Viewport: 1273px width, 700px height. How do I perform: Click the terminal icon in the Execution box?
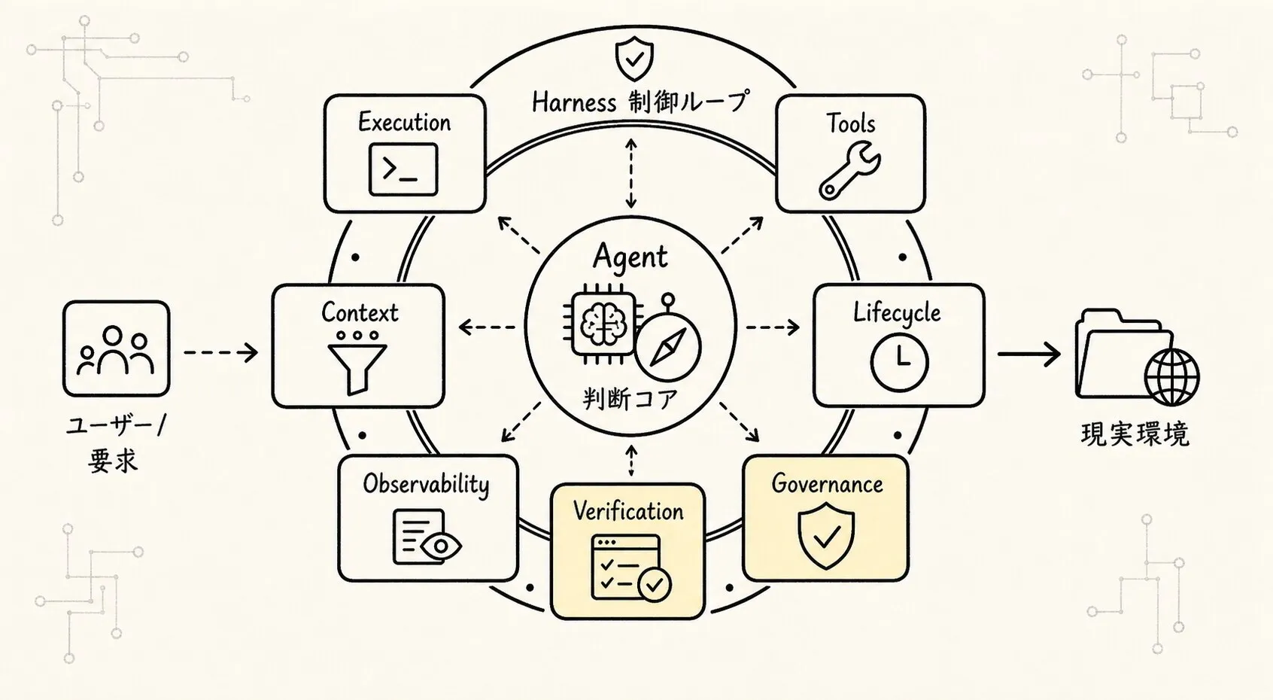tap(403, 169)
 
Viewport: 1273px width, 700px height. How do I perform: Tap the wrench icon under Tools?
tap(849, 171)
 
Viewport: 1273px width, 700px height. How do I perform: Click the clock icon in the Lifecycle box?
tap(899, 363)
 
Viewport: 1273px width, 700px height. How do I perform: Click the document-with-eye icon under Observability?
tap(427, 537)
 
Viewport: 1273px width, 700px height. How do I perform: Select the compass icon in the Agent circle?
tap(668, 344)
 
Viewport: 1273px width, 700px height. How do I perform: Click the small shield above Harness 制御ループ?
tap(635, 59)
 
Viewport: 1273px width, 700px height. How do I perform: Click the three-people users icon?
tap(116, 350)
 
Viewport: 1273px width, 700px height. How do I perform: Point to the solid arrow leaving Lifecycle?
tap(1028, 355)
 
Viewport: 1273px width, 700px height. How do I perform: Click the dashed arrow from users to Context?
tap(221, 352)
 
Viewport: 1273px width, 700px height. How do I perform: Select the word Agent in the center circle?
tap(630, 257)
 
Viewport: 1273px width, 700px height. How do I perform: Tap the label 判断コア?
tap(630, 399)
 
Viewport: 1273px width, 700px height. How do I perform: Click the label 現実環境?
tap(1135, 434)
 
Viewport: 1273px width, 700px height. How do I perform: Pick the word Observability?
tap(427, 485)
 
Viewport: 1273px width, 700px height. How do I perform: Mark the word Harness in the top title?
tap(574, 103)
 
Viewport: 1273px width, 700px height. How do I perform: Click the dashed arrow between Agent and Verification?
tap(630, 461)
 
